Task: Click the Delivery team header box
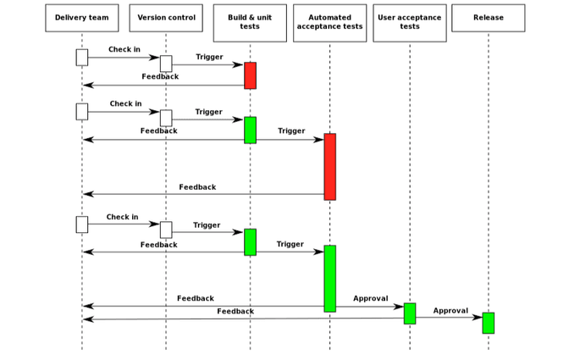pyautogui.click(x=81, y=18)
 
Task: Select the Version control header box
pyautogui.click(x=166, y=18)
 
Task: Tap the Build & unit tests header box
pyautogui.click(x=250, y=22)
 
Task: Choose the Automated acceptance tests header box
pyautogui.click(x=329, y=22)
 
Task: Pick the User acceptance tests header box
pyautogui.click(x=409, y=22)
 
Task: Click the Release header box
pyautogui.click(x=488, y=18)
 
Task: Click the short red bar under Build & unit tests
pyautogui.click(x=250, y=75)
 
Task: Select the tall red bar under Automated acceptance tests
pyautogui.click(x=329, y=166)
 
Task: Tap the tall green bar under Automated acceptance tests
pyautogui.click(x=329, y=278)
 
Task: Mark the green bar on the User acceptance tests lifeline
pyautogui.click(x=409, y=313)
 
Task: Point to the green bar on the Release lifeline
pyautogui.click(x=488, y=323)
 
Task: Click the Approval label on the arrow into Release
pyautogui.click(x=450, y=311)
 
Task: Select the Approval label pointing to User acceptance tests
pyautogui.click(x=370, y=298)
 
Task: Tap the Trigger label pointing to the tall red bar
pyautogui.click(x=291, y=130)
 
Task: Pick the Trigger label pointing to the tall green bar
pyautogui.click(x=290, y=244)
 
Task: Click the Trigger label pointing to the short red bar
pyautogui.click(x=209, y=57)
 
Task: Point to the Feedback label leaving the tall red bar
pyautogui.click(x=197, y=187)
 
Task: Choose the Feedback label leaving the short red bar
pyautogui.click(x=160, y=76)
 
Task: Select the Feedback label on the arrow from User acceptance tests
pyautogui.click(x=235, y=312)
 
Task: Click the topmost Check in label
pyautogui.click(x=124, y=49)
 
